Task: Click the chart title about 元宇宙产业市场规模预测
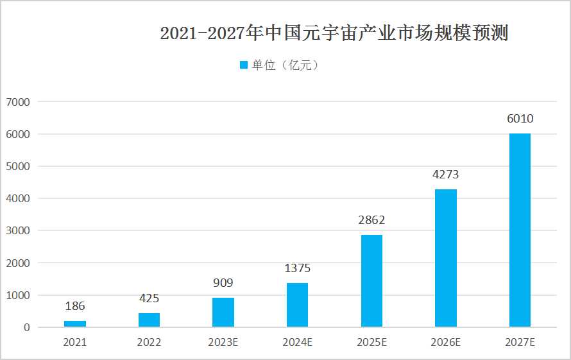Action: click(x=334, y=33)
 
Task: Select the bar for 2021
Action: click(x=75, y=323)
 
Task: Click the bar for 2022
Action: click(x=149, y=320)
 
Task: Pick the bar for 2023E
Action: click(x=223, y=312)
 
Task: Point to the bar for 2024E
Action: click(x=297, y=305)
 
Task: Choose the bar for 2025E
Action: click(x=371, y=281)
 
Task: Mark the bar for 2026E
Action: click(x=446, y=258)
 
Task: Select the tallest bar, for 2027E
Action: click(x=520, y=230)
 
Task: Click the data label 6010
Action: click(x=520, y=119)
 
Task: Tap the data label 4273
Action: click(x=446, y=175)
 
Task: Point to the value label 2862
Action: click(x=371, y=220)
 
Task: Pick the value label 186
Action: click(x=75, y=306)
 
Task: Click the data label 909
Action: click(x=223, y=283)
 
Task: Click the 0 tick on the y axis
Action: click(x=26, y=327)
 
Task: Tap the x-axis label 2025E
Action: click(x=371, y=343)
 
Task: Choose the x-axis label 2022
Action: click(x=149, y=343)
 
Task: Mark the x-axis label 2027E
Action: click(x=520, y=343)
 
